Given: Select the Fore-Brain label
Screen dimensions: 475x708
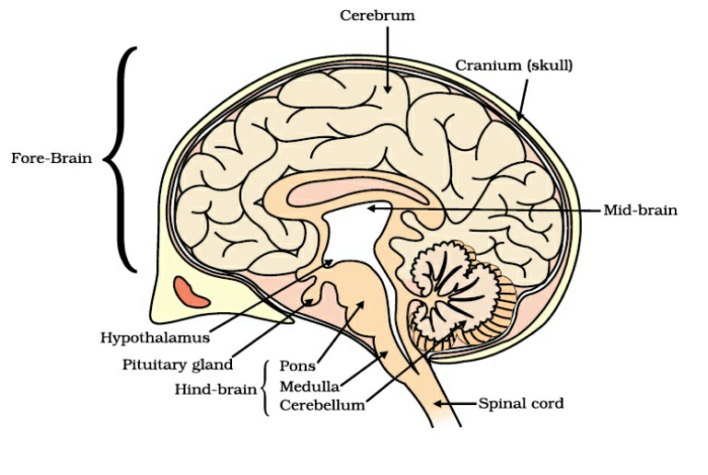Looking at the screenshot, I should click(51, 157).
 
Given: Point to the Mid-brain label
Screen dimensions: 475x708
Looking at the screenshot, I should click(640, 210).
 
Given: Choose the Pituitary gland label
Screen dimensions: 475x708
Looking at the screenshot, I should click(177, 365).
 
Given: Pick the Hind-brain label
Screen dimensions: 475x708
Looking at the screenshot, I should click(215, 388).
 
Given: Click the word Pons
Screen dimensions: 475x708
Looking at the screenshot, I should click(297, 366).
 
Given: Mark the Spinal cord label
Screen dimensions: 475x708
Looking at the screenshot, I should click(521, 403).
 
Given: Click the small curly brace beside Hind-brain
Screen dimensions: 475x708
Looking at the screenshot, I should click(266, 386).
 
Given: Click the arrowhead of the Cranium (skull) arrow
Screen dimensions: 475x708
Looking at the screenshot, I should click(519, 117).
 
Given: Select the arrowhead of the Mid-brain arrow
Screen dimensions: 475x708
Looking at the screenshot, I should click(371, 209).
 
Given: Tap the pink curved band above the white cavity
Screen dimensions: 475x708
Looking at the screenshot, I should click(359, 195).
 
